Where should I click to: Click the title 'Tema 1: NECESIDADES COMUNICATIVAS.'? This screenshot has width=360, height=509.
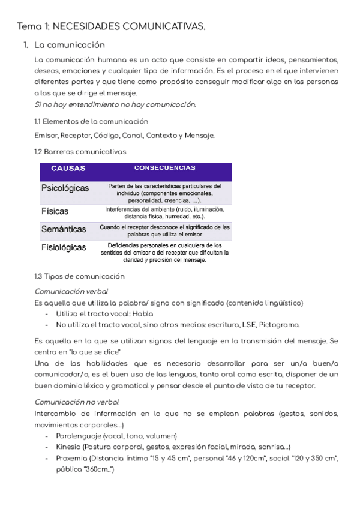click(111, 26)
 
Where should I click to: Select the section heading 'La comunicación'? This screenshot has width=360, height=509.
click(70, 45)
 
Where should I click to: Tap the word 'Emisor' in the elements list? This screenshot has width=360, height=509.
click(46, 135)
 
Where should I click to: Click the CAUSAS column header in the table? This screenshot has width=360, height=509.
click(68, 169)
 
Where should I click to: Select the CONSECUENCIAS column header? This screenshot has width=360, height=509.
click(164, 168)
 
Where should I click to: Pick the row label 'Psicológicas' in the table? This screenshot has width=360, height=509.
click(65, 188)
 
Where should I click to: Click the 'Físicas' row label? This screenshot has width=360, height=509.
click(55, 211)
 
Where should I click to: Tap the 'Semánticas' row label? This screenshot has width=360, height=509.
click(64, 229)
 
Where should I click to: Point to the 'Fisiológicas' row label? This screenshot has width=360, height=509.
click(64, 247)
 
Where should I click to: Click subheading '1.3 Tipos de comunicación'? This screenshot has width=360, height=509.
click(79, 276)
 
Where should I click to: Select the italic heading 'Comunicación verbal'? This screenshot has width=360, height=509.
click(71, 291)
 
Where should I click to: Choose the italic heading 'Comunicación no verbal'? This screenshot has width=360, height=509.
click(77, 402)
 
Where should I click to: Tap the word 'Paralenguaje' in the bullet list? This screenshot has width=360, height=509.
click(78, 436)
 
